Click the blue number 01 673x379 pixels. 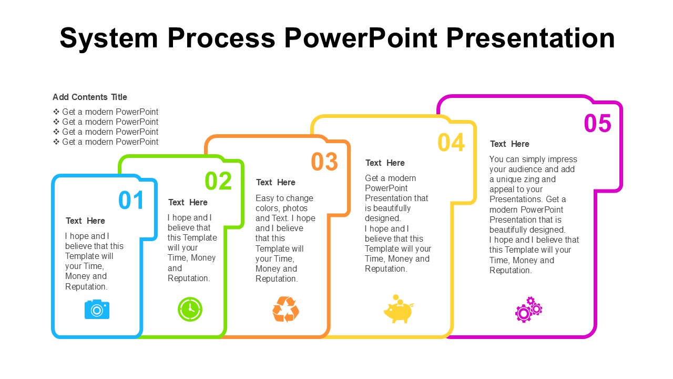(131, 201)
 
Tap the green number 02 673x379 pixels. (218, 181)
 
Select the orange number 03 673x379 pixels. (324, 162)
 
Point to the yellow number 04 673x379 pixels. (452, 143)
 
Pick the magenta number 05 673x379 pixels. (598, 124)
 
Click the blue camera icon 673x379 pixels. (97, 310)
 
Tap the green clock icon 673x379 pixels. (190, 310)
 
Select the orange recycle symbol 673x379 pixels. (285, 310)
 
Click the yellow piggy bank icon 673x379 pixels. (398, 310)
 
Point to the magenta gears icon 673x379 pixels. (528, 310)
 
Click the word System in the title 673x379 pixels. (109, 38)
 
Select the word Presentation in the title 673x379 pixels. (530, 38)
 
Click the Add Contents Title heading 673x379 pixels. (90, 97)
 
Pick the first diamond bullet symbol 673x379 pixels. (56, 112)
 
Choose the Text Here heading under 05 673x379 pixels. (509, 144)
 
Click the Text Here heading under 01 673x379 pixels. (85, 221)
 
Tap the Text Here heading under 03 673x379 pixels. (276, 182)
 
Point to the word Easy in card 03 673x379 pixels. (266, 198)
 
